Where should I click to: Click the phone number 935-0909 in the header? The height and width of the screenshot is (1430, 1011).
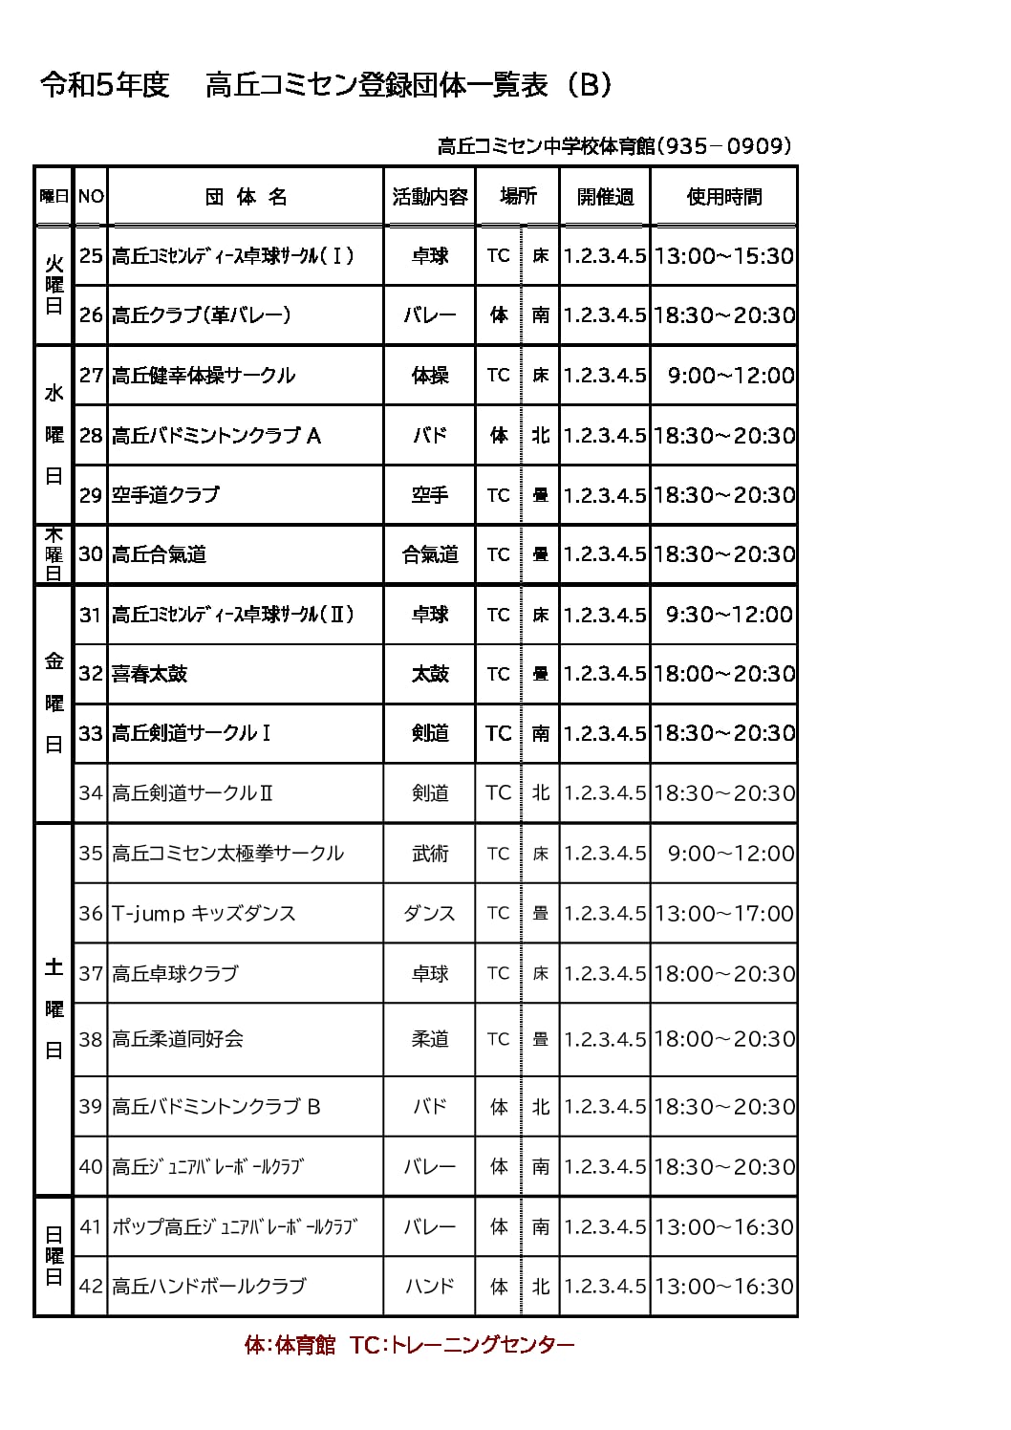(x=725, y=146)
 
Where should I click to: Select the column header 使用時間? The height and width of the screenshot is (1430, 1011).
(x=723, y=197)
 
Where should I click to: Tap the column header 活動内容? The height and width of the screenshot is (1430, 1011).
(x=430, y=197)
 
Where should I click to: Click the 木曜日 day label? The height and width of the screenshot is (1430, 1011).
(x=54, y=554)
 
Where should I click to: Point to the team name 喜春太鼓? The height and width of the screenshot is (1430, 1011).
(x=150, y=674)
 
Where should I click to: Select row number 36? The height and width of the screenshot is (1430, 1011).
(x=91, y=913)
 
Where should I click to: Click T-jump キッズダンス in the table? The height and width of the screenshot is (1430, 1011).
(x=204, y=913)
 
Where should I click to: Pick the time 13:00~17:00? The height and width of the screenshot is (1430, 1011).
(x=723, y=913)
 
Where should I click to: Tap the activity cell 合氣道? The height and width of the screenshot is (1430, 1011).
(x=430, y=554)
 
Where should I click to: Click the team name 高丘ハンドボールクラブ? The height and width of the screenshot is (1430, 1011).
(x=208, y=1287)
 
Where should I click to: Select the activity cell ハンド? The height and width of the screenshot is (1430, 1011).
(x=430, y=1287)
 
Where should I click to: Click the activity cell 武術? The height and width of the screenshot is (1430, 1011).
(x=430, y=854)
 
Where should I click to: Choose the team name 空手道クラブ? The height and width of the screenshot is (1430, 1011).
(x=165, y=495)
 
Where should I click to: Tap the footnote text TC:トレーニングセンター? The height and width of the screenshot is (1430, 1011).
(x=462, y=1345)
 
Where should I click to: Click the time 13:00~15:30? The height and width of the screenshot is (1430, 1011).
(x=723, y=256)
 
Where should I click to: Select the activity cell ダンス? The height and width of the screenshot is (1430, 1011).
(x=430, y=913)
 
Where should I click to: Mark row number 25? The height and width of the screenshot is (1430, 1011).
(x=91, y=256)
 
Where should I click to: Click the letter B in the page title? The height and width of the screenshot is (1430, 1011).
(x=590, y=85)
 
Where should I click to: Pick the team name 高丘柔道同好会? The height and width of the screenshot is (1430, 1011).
(x=178, y=1039)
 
